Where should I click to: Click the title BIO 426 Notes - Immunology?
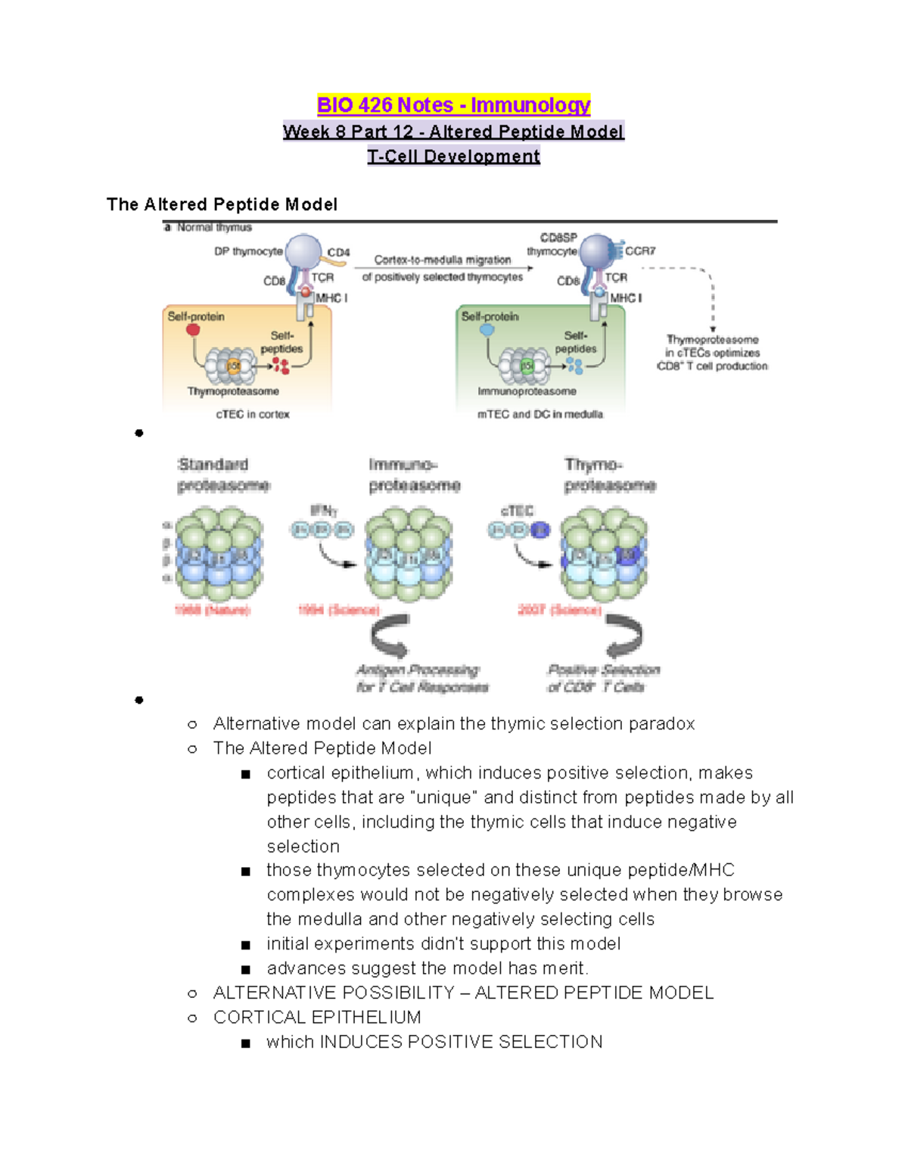coord(453,105)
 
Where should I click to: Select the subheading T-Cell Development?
coord(453,157)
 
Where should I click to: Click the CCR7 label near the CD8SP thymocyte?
coord(640,251)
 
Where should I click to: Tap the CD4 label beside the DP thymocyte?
coord(338,253)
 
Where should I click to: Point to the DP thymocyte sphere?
coord(303,252)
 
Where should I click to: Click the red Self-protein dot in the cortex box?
coord(194,330)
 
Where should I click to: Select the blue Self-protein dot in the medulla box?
coord(487,330)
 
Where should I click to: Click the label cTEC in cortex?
coord(252,415)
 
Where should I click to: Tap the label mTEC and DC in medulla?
coord(540,415)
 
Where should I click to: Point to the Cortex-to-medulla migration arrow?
coord(443,269)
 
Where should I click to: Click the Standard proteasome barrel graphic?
coord(219,555)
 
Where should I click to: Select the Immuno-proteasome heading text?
coord(414,475)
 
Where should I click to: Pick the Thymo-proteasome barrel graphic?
coord(604,555)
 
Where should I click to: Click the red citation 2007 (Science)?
coord(559,610)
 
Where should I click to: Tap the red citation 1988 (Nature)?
coord(212,610)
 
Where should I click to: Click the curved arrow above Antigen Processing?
coord(390,637)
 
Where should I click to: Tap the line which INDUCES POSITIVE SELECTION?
coord(434,1042)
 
